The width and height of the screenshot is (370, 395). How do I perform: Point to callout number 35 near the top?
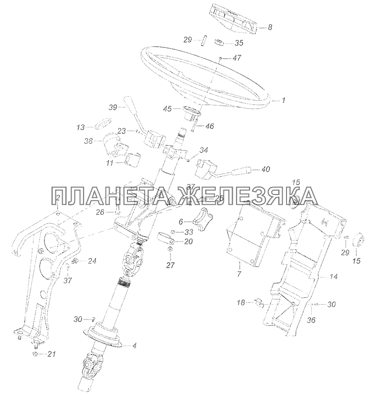tap(239, 42)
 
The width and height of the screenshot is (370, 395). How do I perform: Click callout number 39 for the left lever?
tap(113, 107)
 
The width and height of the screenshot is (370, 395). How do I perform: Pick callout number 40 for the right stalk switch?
tap(265, 169)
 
